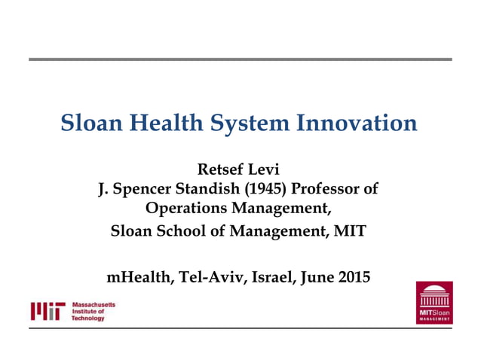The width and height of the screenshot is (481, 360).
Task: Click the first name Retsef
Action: pos(220,168)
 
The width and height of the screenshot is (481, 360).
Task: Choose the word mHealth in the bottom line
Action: pos(141,277)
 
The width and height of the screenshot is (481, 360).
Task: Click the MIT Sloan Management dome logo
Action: pos(434,302)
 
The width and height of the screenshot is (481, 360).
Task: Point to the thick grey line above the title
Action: pos(240,59)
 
